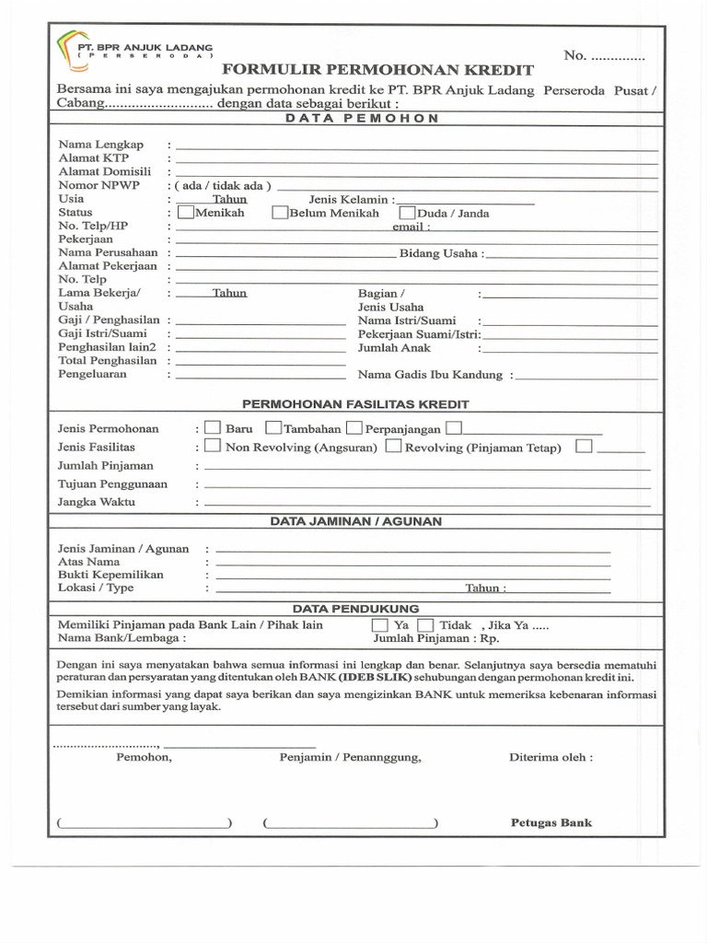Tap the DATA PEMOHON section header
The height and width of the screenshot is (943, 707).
click(x=361, y=119)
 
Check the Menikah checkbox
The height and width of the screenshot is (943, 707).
click(x=185, y=212)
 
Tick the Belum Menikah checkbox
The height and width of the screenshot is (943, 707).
click(x=280, y=212)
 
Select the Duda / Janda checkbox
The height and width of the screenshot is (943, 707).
click(x=408, y=212)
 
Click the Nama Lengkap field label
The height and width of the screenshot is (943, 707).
click(x=101, y=145)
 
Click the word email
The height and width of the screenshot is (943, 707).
click(x=410, y=226)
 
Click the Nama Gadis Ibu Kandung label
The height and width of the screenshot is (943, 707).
click(x=430, y=375)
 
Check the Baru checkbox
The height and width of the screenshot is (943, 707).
click(x=212, y=428)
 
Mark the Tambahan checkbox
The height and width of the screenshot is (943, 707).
click(x=273, y=428)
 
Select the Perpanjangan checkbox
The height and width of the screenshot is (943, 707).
click(x=354, y=428)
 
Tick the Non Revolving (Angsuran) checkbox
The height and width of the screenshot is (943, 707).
click(x=212, y=447)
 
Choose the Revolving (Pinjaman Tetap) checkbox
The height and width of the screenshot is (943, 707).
click(x=393, y=447)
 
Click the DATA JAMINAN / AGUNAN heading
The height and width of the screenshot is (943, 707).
click(x=355, y=521)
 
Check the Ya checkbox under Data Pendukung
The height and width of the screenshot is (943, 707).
click(x=379, y=624)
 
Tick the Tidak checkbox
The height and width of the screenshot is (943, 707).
click(x=424, y=624)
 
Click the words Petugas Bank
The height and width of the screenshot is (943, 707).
click(x=551, y=822)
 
